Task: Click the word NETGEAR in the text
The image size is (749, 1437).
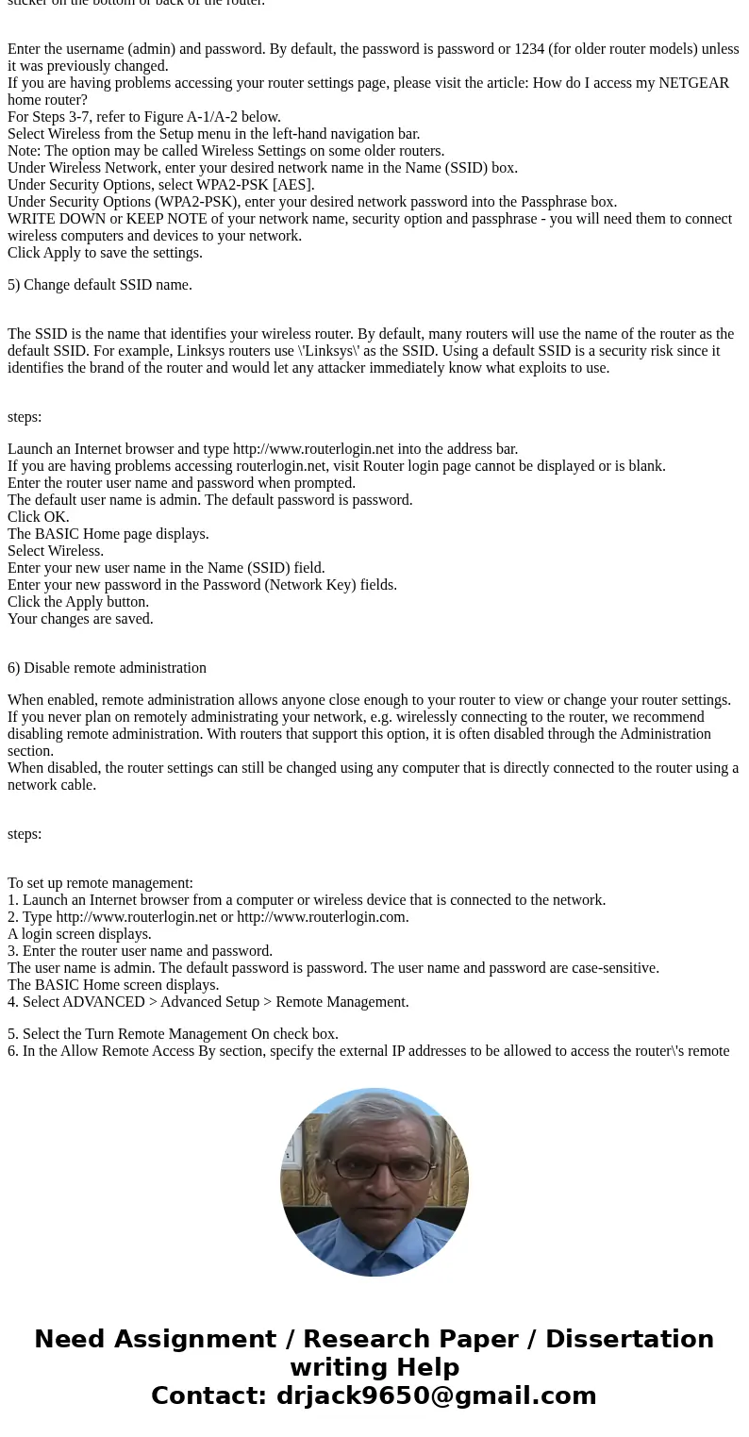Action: (693, 83)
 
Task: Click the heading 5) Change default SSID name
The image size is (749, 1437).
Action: (100, 285)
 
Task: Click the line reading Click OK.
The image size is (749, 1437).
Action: (39, 517)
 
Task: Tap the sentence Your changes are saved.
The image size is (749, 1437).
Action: (80, 619)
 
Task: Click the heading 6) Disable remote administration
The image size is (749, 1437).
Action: (107, 668)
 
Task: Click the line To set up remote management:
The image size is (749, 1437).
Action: (100, 883)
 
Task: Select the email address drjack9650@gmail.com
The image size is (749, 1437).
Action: (436, 1396)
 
